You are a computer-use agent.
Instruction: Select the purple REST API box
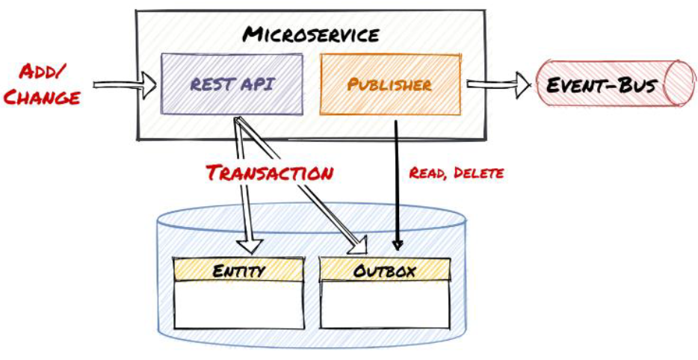click(232, 84)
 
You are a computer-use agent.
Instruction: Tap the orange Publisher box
click(389, 84)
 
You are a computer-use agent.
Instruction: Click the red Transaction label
click(270, 173)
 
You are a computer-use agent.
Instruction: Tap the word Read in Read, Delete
click(428, 173)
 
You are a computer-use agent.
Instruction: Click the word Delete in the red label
click(480, 173)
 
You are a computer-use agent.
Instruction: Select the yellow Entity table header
click(238, 270)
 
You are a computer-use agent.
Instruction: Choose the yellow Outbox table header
click(385, 270)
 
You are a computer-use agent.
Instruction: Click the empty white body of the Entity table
click(238, 305)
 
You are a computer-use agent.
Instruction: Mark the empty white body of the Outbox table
click(385, 305)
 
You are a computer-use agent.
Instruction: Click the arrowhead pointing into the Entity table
click(250, 244)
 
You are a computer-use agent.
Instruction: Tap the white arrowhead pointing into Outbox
click(362, 245)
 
